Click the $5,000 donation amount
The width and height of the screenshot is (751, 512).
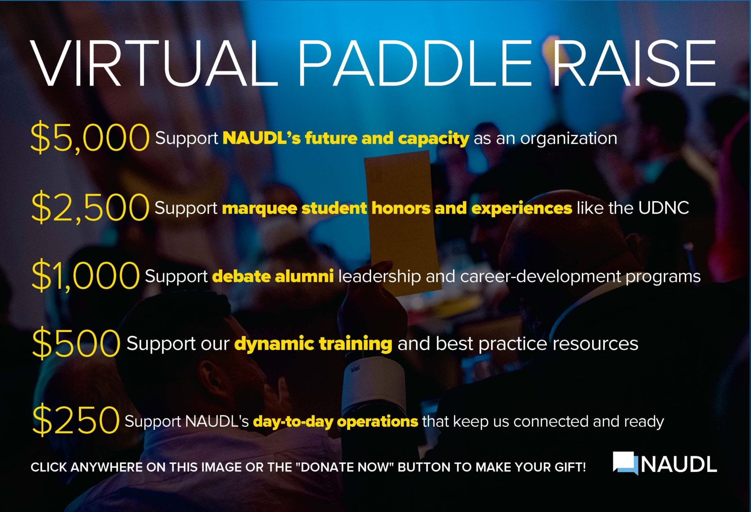click(x=90, y=137)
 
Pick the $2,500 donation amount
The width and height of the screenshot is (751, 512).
click(x=90, y=207)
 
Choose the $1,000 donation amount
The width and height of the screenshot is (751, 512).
click(x=85, y=276)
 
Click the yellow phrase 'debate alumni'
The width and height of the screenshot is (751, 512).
click(x=273, y=276)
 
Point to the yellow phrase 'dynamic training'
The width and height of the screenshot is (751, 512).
click(x=313, y=344)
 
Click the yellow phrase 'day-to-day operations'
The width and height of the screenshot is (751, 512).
click(x=336, y=422)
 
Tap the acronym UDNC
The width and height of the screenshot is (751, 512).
click(x=663, y=208)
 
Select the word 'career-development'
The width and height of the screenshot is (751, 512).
click(x=541, y=277)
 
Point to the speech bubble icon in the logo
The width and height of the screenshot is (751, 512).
click(x=625, y=463)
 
